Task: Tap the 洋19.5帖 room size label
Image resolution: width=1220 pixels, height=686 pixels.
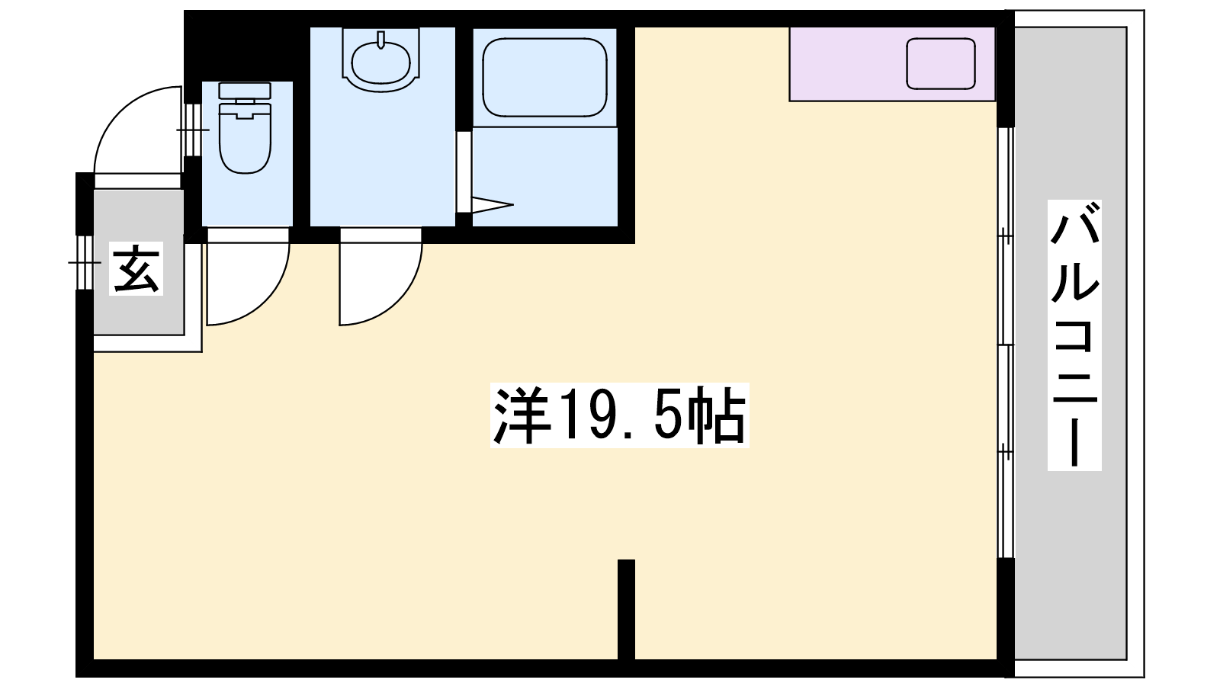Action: click(619, 415)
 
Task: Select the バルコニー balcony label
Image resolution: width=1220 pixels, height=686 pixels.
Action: click(1074, 335)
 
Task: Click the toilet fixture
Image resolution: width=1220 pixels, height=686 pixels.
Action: click(245, 128)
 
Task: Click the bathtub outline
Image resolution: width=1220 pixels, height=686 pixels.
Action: click(544, 77)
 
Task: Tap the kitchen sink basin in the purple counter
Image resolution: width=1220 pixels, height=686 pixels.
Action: click(941, 64)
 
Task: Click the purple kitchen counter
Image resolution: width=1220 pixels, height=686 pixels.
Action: click(892, 64)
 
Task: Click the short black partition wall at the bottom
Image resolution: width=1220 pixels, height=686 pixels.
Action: click(626, 610)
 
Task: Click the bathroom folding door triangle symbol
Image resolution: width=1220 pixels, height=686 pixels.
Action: click(493, 205)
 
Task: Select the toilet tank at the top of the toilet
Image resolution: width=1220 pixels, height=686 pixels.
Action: click(245, 91)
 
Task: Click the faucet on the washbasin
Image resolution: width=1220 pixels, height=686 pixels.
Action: click(381, 39)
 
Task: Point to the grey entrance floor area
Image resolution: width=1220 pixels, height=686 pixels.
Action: click(138, 262)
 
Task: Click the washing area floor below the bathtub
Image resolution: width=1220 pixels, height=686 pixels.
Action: click(544, 177)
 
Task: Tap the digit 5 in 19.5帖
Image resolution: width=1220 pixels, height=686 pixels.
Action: click(666, 416)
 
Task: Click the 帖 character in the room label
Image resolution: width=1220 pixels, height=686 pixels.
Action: click(717, 416)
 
